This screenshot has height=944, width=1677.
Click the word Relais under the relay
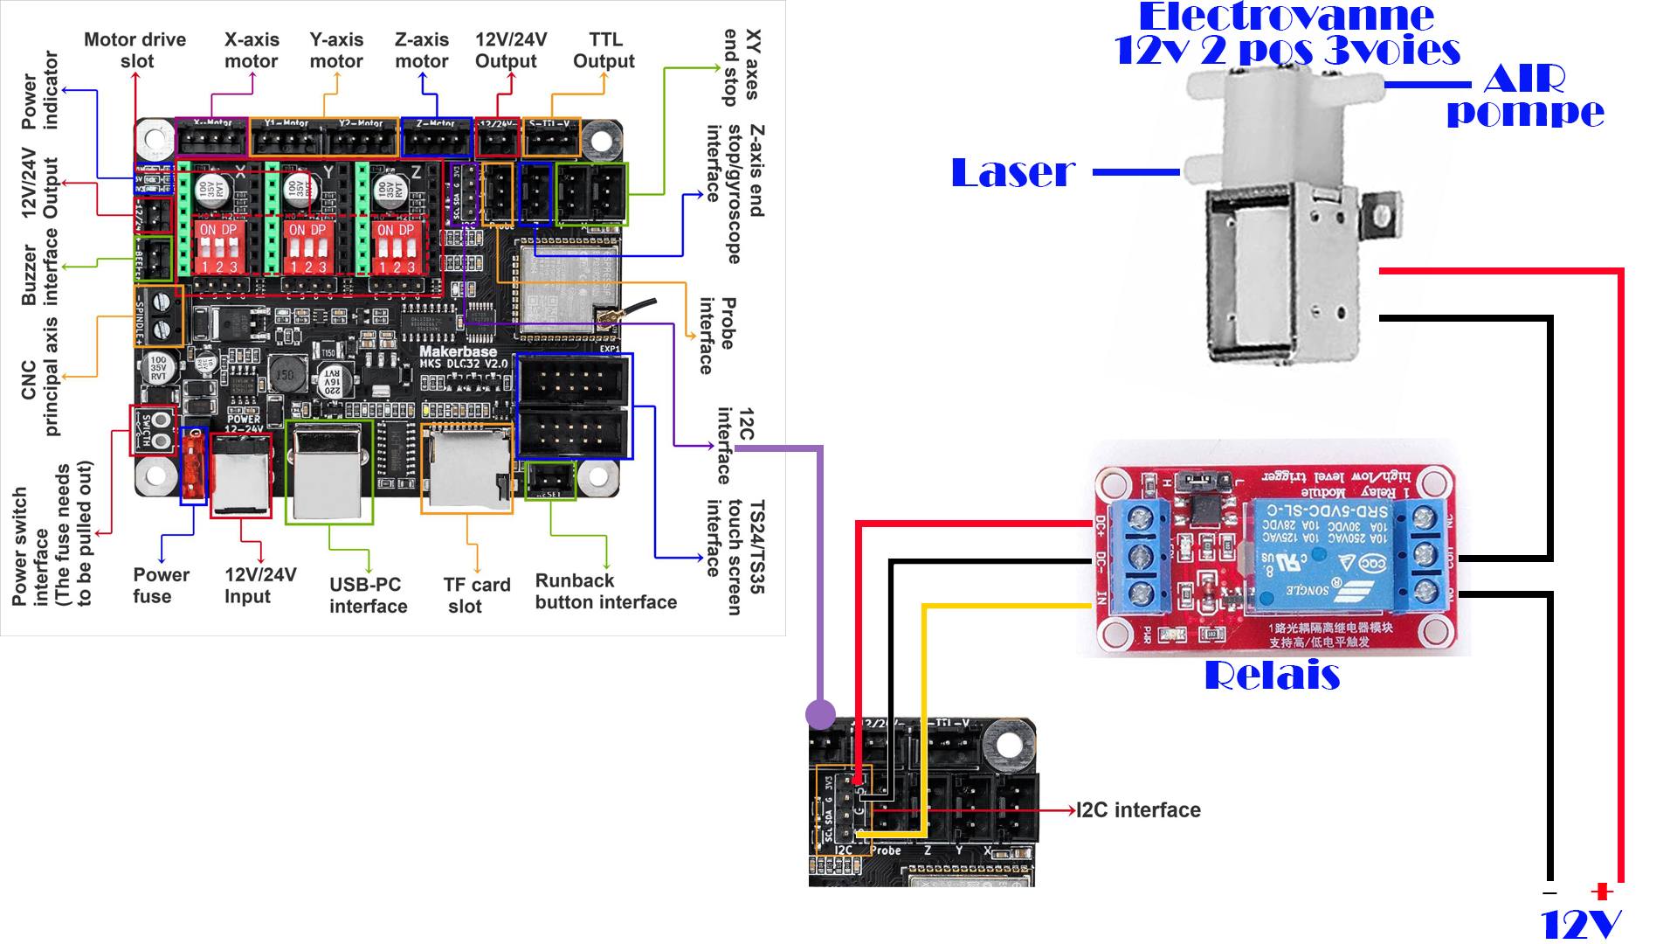1272,676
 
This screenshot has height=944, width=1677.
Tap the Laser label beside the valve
1013,173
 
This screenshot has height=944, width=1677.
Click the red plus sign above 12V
1600,892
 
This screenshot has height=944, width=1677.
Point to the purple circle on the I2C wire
820,714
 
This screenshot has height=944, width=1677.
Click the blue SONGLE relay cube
1319,554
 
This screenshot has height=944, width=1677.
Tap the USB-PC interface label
368,595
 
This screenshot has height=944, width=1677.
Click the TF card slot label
476,595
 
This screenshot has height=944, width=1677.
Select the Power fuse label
160,586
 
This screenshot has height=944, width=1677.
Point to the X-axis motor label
252,51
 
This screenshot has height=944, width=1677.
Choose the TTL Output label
604,51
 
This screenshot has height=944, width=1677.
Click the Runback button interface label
605,592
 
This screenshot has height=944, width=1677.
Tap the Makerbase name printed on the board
458,351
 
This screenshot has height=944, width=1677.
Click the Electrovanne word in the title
1286,17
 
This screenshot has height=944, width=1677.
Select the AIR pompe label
1525,96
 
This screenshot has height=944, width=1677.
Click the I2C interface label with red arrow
1138,810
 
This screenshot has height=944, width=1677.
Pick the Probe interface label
718,336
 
